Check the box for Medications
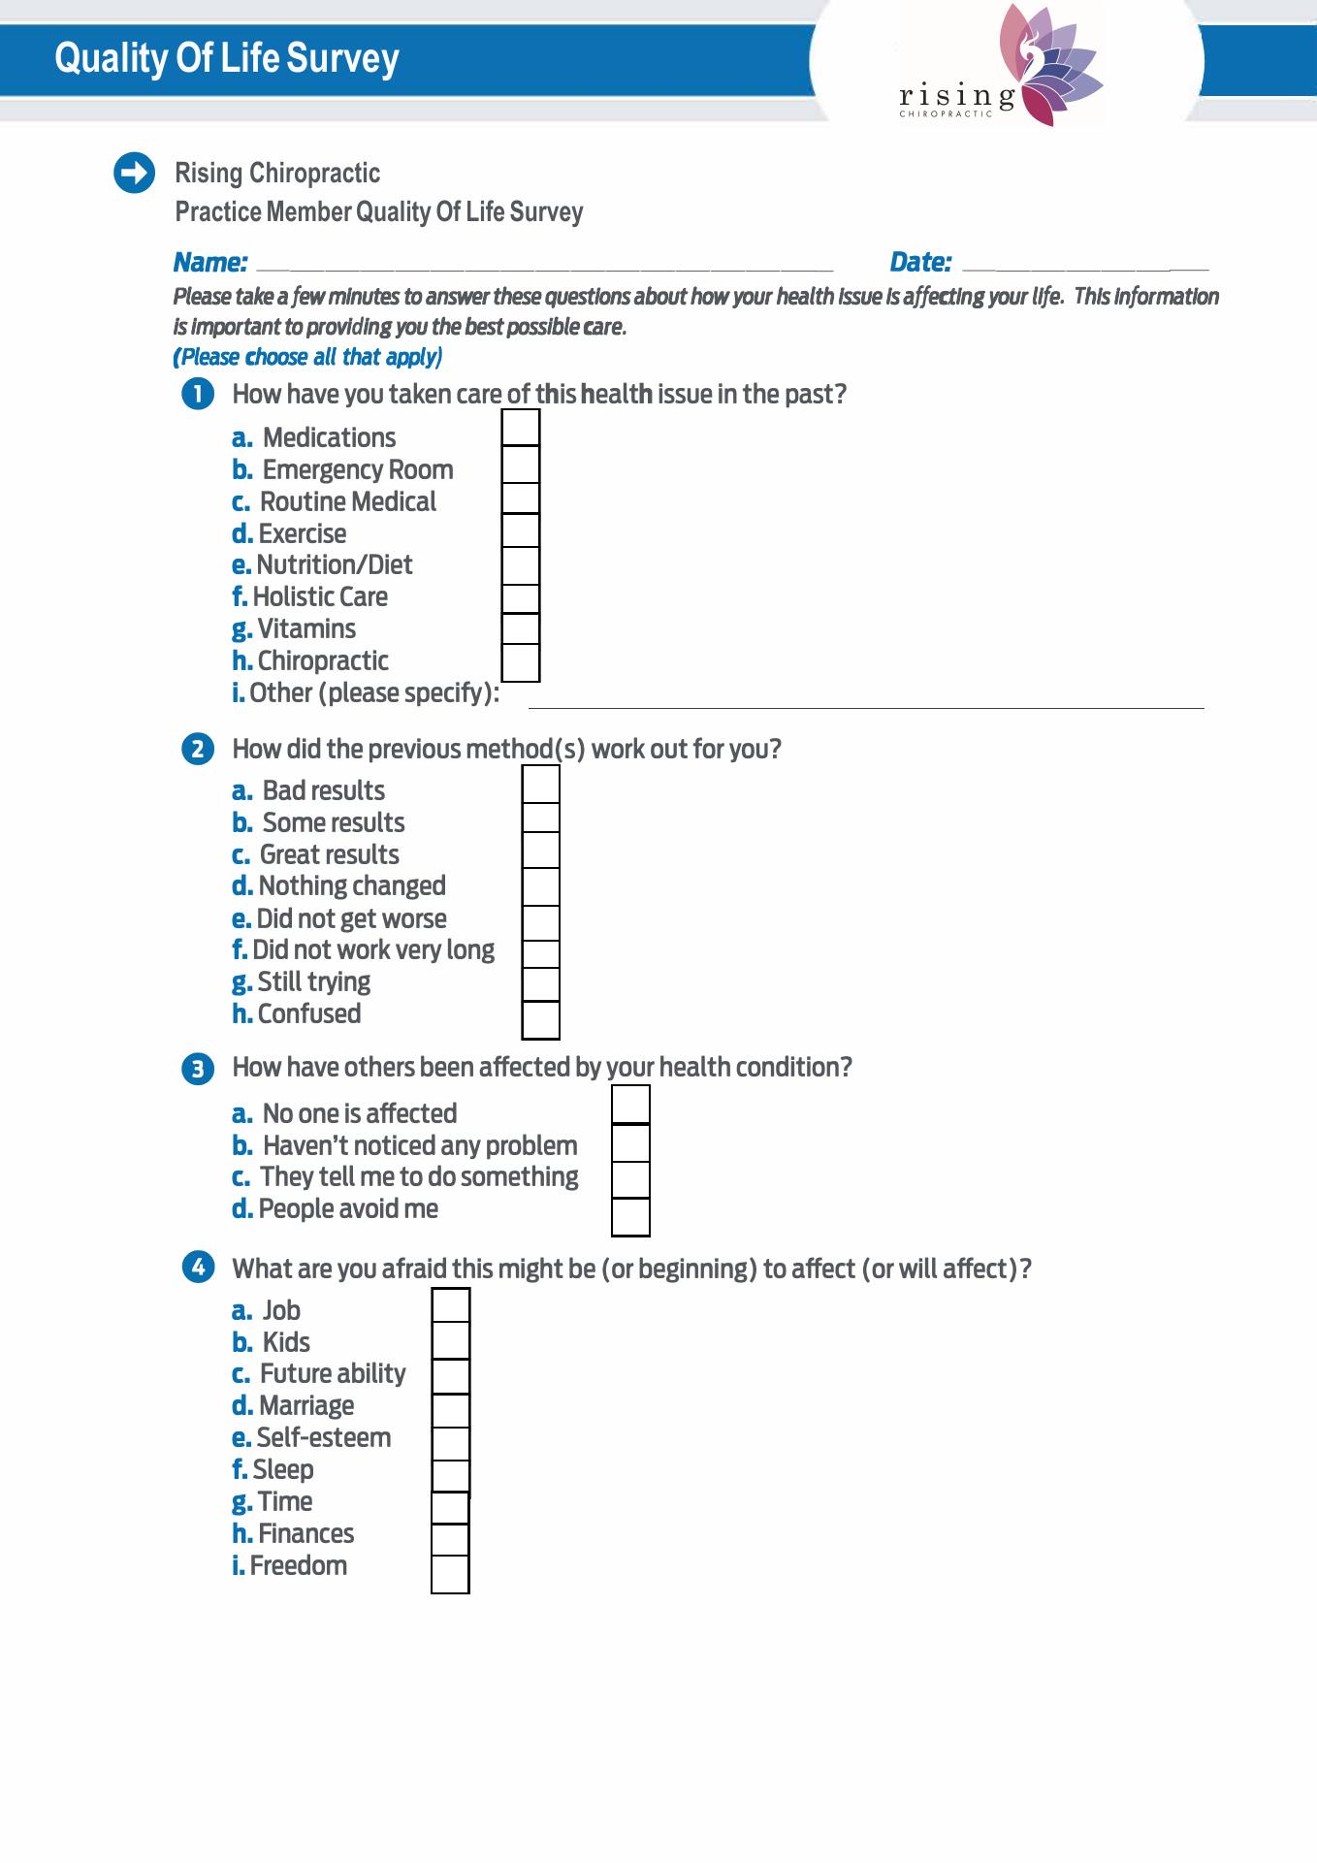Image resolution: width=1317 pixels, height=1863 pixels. pyautogui.click(x=521, y=428)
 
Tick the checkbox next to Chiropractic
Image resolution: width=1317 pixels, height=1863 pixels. pyautogui.click(x=521, y=663)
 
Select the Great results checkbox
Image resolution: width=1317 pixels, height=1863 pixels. pyautogui.click(x=541, y=851)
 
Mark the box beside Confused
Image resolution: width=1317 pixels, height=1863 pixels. pyautogui.click(x=541, y=1020)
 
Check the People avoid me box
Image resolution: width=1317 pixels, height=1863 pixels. pyautogui.click(x=630, y=1217)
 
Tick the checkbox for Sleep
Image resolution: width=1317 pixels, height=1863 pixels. pyautogui.click(x=450, y=1476)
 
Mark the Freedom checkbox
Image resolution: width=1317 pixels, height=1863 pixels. pyautogui.click(x=450, y=1574)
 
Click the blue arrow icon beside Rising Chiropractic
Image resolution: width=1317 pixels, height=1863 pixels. pyautogui.click(x=134, y=174)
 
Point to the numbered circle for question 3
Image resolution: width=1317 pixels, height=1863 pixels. pyautogui.click(x=198, y=1070)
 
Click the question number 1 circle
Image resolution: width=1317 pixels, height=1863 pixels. pyautogui.click(x=198, y=395)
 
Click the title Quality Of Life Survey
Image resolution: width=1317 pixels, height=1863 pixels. pyautogui.click(x=227, y=58)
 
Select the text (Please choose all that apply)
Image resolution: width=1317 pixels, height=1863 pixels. pyautogui.click(x=307, y=357)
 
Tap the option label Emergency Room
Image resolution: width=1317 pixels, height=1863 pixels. pyautogui.click(x=358, y=470)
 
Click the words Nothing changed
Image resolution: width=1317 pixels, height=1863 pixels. pyautogui.click(x=352, y=886)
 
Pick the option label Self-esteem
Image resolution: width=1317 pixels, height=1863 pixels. pyautogui.click(x=324, y=1438)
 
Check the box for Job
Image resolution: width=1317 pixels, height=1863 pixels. pyautogui.click(x=450, y=1305)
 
